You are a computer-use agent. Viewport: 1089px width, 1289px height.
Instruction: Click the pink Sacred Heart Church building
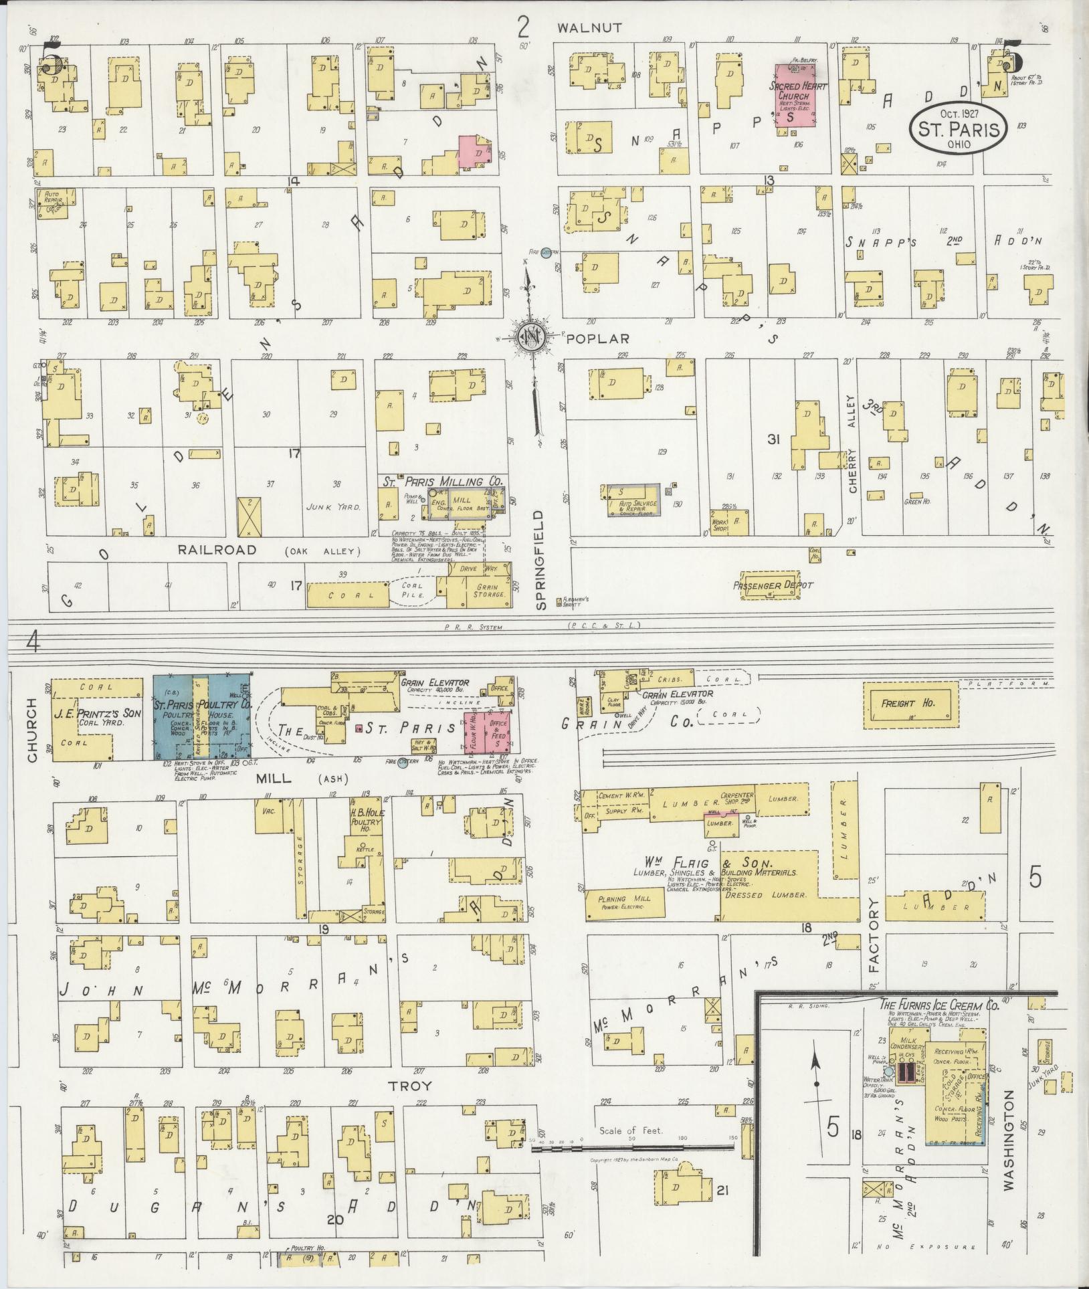[x=799, y=100]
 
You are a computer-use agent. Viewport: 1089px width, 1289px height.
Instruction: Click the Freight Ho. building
[x=910, y=704]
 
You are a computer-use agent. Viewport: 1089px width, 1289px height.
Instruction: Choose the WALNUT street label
[x=590, y=28]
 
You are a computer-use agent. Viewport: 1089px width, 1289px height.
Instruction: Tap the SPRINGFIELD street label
[x=542, y=559]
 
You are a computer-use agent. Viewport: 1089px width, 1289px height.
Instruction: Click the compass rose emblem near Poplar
[x=532, y=338]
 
